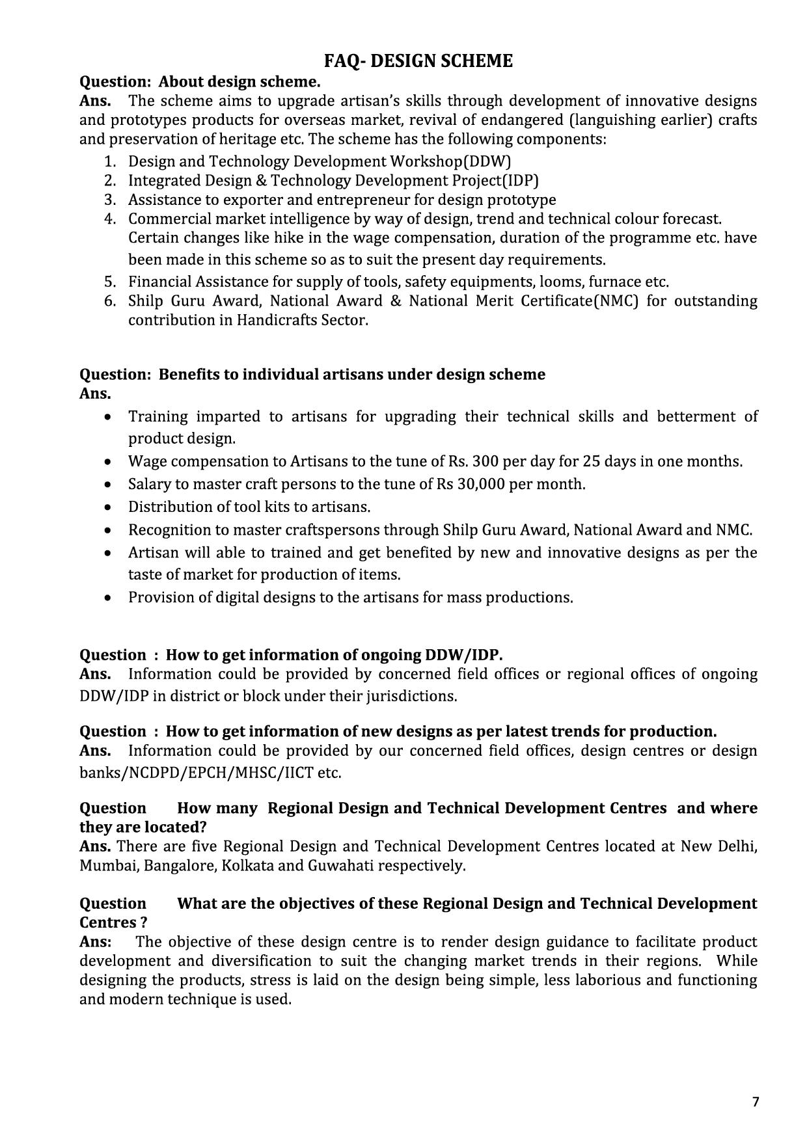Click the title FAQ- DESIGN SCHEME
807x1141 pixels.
click(418, 61)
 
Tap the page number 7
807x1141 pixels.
click(756, 1102)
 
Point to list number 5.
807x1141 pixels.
click(110, 282)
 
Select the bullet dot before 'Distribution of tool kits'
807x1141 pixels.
click(108, 507)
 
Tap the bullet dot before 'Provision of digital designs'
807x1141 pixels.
click(108, 598)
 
